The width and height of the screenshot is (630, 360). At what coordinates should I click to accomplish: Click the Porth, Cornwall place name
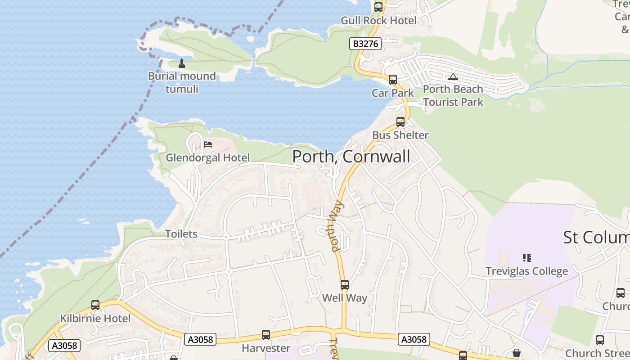351,157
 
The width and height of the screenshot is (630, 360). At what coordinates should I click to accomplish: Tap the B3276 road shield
365,44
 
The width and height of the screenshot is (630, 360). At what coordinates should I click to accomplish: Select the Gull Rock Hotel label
378,20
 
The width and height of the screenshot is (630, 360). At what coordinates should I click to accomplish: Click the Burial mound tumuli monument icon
182,63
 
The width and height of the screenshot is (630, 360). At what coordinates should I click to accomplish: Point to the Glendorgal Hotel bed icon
208,144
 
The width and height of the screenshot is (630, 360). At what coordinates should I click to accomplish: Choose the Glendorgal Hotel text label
207,157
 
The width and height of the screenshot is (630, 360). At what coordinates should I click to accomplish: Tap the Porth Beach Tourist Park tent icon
453,76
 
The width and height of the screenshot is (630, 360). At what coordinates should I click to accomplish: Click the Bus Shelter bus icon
400,122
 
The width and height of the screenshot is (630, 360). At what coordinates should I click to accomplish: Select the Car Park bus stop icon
393,80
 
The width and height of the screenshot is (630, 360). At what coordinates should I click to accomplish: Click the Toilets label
181,234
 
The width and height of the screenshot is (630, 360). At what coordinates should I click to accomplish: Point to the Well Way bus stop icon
345,285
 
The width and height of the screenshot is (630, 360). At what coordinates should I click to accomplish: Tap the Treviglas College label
526,271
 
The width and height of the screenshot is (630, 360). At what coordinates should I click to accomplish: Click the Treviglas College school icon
527,258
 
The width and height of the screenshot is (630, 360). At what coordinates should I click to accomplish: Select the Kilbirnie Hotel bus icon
95,305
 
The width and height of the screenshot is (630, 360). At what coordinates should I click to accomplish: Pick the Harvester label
266,348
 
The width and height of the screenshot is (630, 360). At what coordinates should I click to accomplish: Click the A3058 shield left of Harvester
200,339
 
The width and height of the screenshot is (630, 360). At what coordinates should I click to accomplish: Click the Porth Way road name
335,226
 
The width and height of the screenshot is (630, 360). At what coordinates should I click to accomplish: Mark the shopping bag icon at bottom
517,352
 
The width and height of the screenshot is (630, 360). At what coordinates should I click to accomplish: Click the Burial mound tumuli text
182,82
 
